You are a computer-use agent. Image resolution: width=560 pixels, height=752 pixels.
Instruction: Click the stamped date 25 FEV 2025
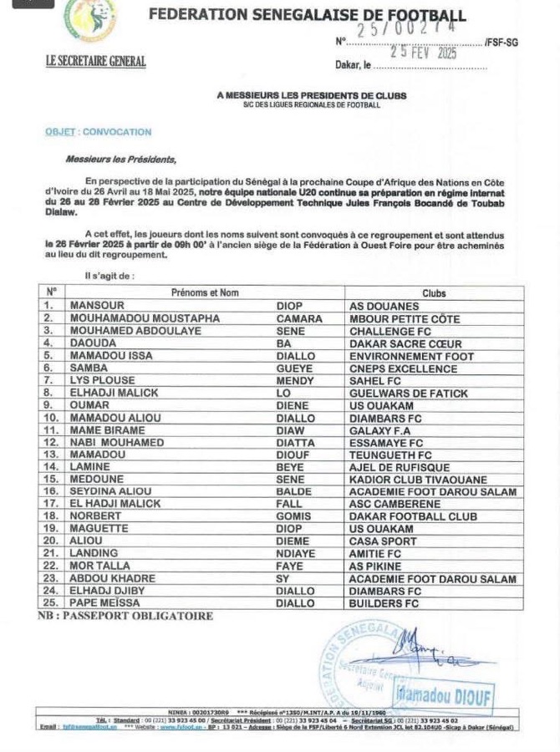[408, 52]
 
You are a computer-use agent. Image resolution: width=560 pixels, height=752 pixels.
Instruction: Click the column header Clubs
[434, 293]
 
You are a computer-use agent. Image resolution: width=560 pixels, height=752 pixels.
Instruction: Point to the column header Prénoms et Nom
[205, 293]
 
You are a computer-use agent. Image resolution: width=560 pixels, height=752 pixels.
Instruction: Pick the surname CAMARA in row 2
[299, 318]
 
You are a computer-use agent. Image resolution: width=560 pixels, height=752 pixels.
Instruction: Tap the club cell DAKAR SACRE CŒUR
[405, 343]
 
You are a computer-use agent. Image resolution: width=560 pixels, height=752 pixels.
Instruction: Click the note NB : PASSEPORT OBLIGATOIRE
[125, 617]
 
